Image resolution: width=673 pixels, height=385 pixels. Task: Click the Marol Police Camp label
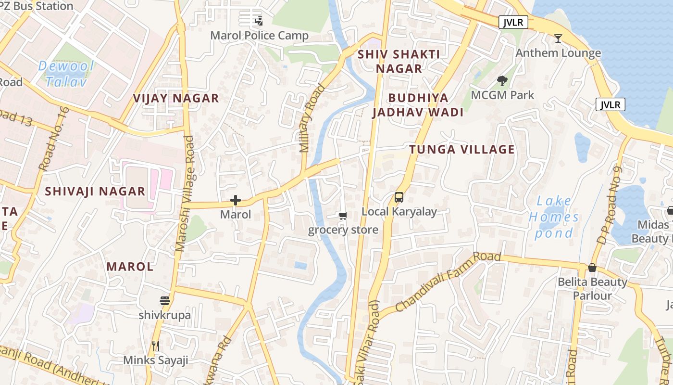coord(260,36)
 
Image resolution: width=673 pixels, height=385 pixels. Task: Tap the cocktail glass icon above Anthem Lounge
coord(558,38)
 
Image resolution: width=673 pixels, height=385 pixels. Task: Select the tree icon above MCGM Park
coord(502,80)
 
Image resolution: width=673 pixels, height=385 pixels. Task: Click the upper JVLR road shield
coord(513,22)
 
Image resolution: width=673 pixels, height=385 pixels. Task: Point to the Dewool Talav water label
coord(66,73)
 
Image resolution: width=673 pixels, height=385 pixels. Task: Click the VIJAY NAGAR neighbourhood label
coord(176,99)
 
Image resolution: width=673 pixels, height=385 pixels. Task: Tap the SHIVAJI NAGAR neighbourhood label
coord(95,192)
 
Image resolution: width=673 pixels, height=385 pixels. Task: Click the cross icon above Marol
coord(236,200)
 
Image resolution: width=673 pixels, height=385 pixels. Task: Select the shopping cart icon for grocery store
coord(343,216)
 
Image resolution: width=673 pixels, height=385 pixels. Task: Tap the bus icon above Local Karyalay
coord(399,197)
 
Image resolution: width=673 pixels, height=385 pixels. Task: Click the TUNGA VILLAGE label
coord(462,150)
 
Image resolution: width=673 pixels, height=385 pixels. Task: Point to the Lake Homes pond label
coord(554,217)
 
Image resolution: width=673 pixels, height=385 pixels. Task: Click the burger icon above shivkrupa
coord(165,301)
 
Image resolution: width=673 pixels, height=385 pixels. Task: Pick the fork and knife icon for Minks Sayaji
coord(155,346)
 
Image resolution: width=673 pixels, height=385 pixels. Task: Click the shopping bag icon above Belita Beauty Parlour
coord(592,268)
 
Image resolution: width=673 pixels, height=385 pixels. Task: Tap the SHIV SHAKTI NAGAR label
coord(399,61)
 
